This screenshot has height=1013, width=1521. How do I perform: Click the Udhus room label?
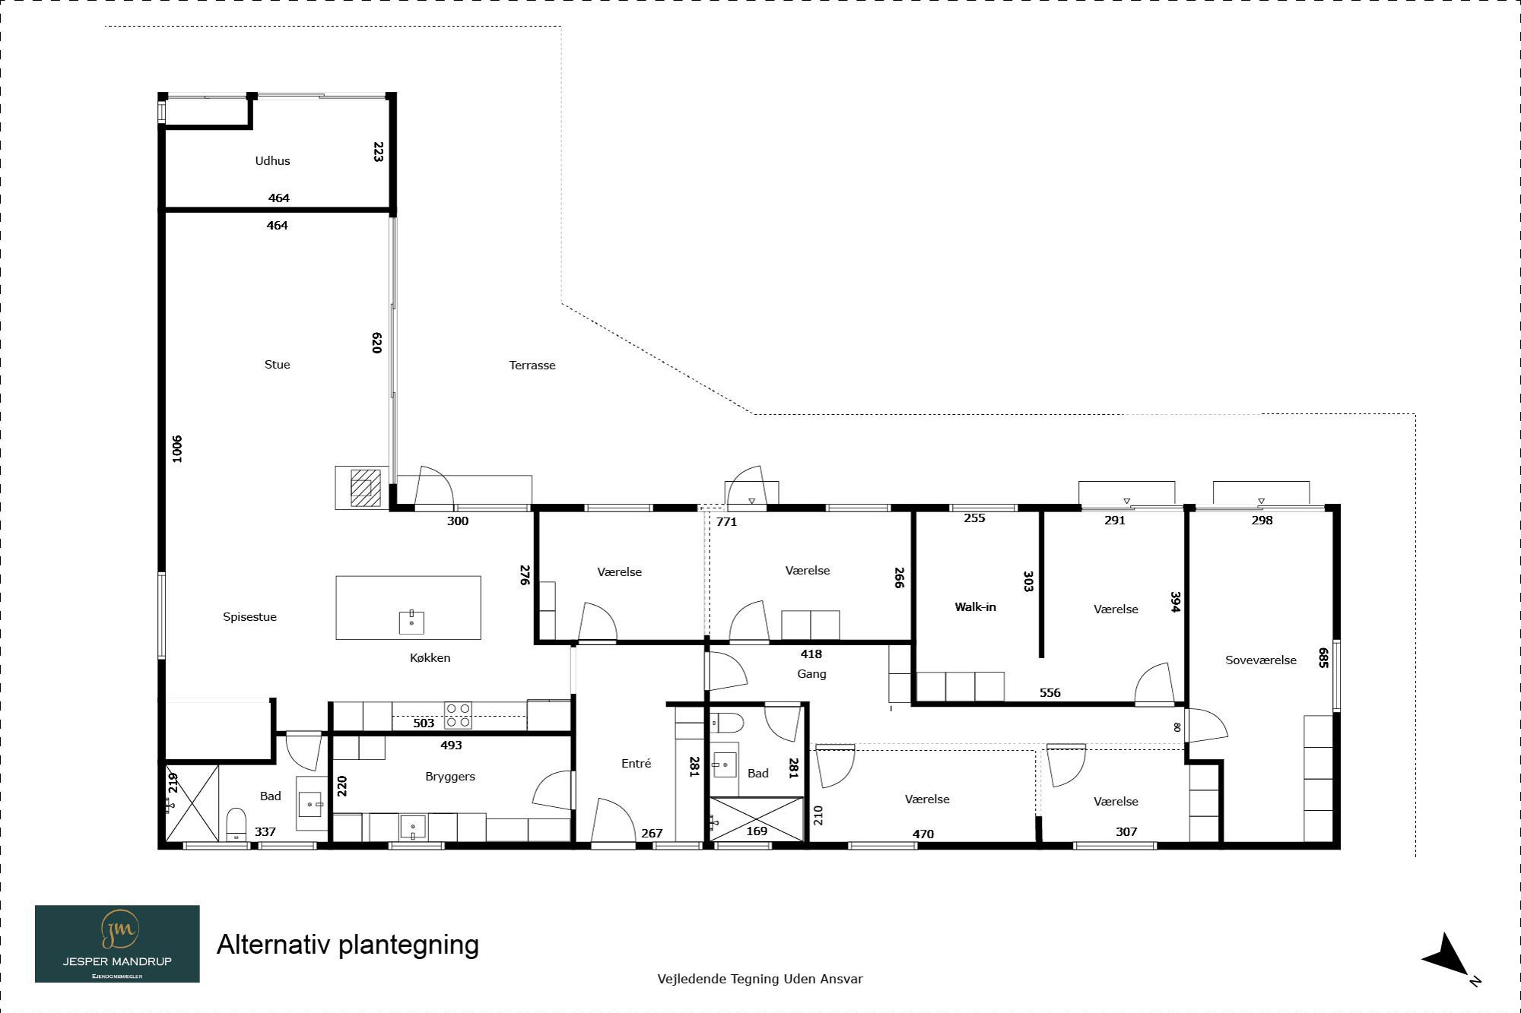click(272, 160)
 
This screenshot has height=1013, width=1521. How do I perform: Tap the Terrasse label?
click(532, 366)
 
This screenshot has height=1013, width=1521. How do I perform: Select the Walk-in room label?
click(975, 607)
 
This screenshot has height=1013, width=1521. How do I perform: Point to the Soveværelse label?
click(1261, 660)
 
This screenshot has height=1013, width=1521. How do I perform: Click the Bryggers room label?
click(450, 777)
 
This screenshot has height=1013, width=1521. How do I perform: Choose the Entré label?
click(636, 764)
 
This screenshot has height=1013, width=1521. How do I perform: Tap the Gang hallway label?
click(811, 674)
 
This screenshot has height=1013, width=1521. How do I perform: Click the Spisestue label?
click(249, 617)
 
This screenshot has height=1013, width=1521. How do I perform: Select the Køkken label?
click(430, 658)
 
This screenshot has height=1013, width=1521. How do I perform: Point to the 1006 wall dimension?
click(176, 449)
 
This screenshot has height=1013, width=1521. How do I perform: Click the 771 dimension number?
click(726, 522)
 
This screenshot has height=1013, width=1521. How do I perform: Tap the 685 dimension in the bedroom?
click(1324, 658)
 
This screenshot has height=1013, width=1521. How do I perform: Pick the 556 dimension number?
click(1049, 693)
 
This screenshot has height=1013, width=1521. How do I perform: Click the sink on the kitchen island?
click(411, 622)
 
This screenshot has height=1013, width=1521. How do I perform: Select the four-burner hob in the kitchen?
click(458, 716)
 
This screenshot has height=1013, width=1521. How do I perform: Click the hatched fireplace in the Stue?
click(365, 488)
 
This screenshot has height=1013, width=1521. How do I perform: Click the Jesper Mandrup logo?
click(117, 944)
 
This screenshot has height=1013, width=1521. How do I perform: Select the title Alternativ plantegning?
click(348, 945)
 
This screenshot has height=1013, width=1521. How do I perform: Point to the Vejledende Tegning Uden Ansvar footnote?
click(760, 979)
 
